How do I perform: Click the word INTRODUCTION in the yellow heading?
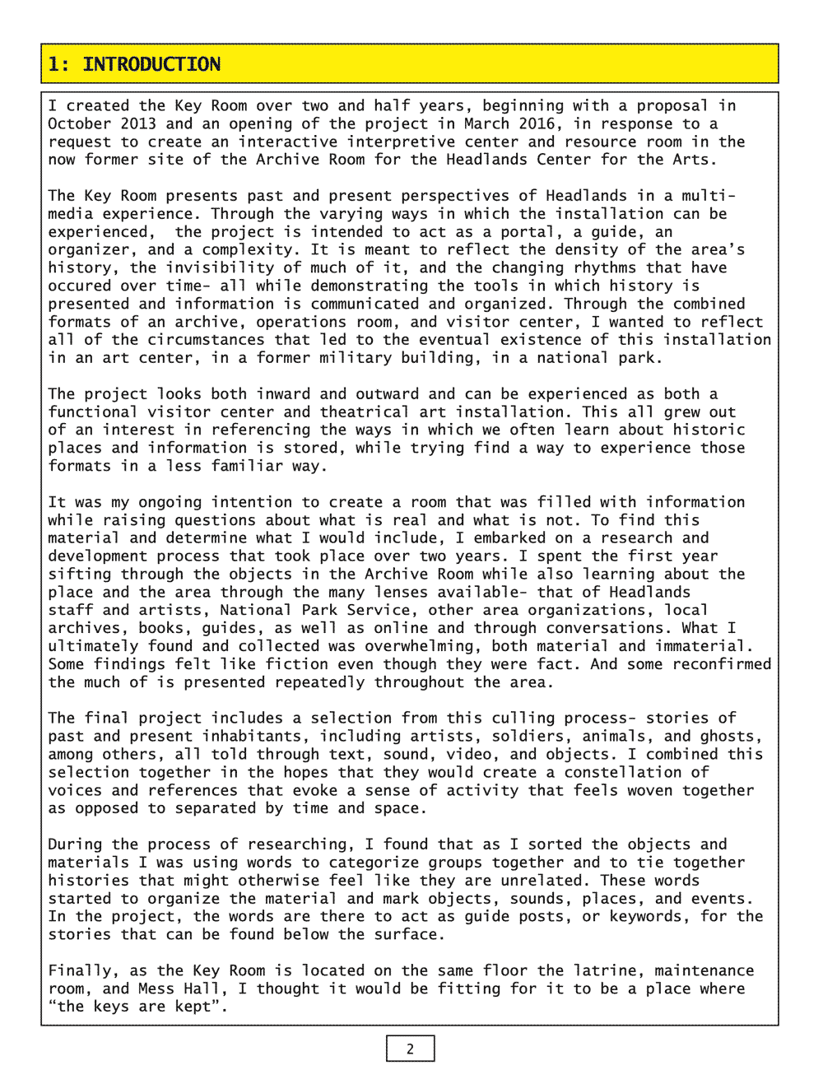(x=151, y=64)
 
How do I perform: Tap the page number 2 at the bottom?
(x=410, y=1049)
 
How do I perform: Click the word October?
(x=79, y=123)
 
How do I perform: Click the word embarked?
(x=509, y=537)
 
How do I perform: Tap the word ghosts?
(x=730, y=736)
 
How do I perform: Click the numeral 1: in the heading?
(x=58, y=64)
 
